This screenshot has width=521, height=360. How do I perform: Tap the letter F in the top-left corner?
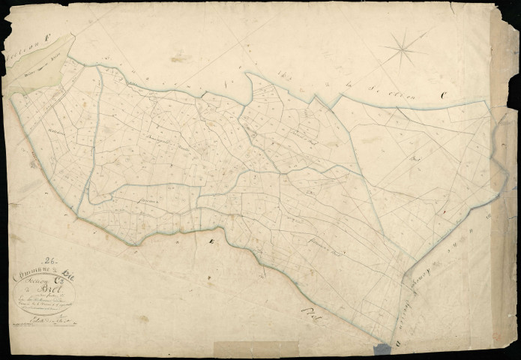[x=46, y=34]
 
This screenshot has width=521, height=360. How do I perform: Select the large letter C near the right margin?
[x=444, y=95]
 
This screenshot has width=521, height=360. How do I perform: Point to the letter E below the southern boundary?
[x=211, y=241]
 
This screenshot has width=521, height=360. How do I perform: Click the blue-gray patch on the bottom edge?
[x=382, y=349]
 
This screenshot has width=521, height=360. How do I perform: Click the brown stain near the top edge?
[x=180, y=57]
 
